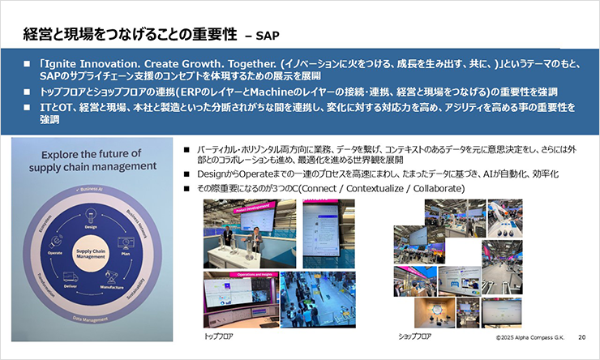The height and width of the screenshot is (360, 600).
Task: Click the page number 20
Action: tap(581, 334)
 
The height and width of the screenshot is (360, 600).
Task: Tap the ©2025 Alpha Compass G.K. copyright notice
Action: tap(529, 334)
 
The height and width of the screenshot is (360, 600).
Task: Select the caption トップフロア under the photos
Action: tap(219, 333)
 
